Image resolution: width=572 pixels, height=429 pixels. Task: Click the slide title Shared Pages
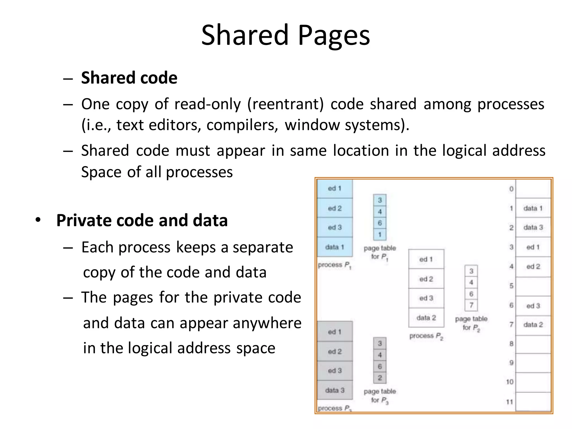[285, 35]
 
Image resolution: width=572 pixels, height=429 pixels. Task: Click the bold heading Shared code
[129, 78]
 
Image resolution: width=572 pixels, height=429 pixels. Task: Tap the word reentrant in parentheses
[285, 104]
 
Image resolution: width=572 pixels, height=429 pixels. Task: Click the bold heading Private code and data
[142, 220]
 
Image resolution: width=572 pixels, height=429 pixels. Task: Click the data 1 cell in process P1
[335, 247]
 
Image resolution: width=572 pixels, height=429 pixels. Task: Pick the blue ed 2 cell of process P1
[335, 208]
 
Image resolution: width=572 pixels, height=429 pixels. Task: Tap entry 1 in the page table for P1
[380, 235]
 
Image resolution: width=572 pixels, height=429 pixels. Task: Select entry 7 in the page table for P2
[471, 305]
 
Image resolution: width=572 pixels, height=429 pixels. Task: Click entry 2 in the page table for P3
[380, 378]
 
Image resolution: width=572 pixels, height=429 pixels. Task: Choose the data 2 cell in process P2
[426, 318]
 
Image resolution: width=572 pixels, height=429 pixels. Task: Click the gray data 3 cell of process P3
[335, 390]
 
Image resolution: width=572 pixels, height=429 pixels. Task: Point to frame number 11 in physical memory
[509, 402]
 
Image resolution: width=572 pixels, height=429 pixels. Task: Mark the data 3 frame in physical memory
[533, 227]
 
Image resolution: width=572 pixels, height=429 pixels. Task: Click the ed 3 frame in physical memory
[533, 306]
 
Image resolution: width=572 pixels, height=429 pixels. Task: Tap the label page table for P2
[471, 323]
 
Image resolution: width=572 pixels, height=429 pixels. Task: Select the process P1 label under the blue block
[334, 265]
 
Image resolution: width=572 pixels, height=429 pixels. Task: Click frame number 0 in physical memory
[511, 189]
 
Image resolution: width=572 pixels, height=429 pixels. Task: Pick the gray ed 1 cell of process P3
[335, 332]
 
